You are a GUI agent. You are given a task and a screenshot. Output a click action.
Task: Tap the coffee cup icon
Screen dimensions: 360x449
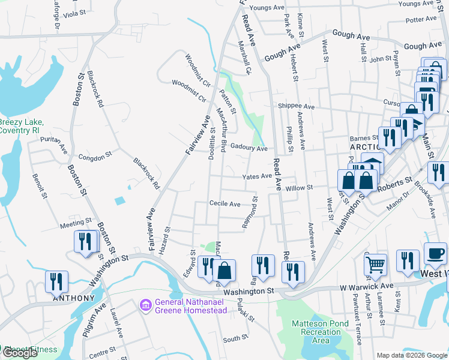tap(435, 253)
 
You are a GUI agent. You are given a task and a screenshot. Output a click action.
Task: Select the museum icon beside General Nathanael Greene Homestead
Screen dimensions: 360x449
tap(145, 306)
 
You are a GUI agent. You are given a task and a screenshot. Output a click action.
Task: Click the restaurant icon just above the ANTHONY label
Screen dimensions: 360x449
tap(56, 281)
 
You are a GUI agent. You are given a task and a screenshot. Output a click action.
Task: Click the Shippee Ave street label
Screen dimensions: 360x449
tap(296, 106)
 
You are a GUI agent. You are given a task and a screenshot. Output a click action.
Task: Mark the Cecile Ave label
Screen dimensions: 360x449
tap(224, 204)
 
